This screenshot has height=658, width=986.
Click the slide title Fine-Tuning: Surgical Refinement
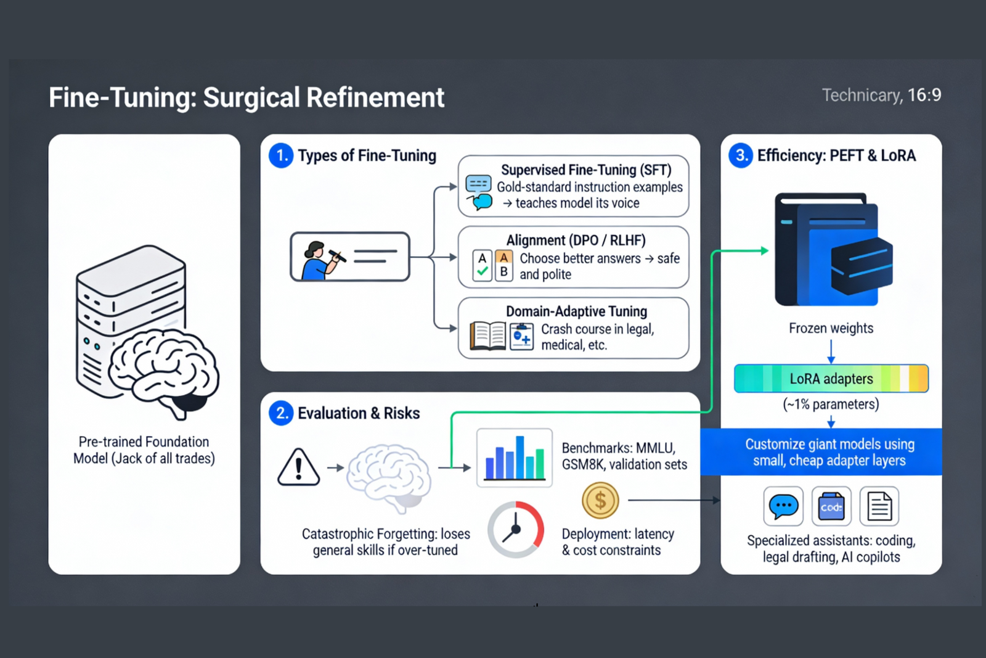pyautogui.click(x=246, y=97)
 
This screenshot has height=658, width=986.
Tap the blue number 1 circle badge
pyautogui.click(x=281, y=155)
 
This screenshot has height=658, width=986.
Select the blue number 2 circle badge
pyautogui.click(x=281, y=413)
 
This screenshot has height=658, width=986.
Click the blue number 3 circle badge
pyautogui.click(x=741, y=155)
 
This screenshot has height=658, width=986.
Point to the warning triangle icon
pyautogui.click(x=298, y=467)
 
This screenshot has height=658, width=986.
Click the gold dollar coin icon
pyautogui.click(x=600, y=500)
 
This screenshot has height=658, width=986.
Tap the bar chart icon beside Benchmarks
pyautogui.click(x=515, y=458)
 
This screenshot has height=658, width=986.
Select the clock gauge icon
pyautogui.click(x=516, y=529)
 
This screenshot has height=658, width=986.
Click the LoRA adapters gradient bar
pyautogui.click(x=831, y=379)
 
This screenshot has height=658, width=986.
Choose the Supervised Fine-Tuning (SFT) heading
pyautogui.click(x=585, y=170)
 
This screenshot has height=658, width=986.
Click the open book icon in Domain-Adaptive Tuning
pyautogui.click(x=488, y=336)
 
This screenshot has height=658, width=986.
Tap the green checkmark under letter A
pyautogui.click(x=483, y=271)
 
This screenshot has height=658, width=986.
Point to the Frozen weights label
pyautogui.click(x=831, y=328)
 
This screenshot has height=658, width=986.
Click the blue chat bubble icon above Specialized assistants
pyautogui.click(x=783, y=506)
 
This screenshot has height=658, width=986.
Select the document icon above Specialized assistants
pyautogui.click(x=879, y=506)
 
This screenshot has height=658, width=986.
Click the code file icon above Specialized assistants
pyautogui.click(x=831, y=506)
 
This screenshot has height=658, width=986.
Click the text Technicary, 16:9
pyautogui.click(x=881, y=95)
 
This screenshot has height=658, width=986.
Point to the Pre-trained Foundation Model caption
pyautogui.click(x=144, y=450)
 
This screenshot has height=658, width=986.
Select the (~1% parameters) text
pyautogui.click(x=831, y=405)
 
